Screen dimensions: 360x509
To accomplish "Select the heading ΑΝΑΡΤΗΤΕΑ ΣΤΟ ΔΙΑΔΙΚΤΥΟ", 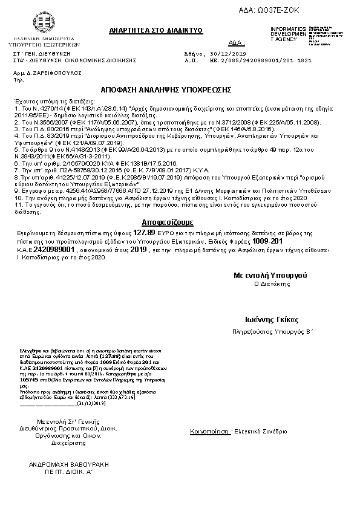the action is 156,30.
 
